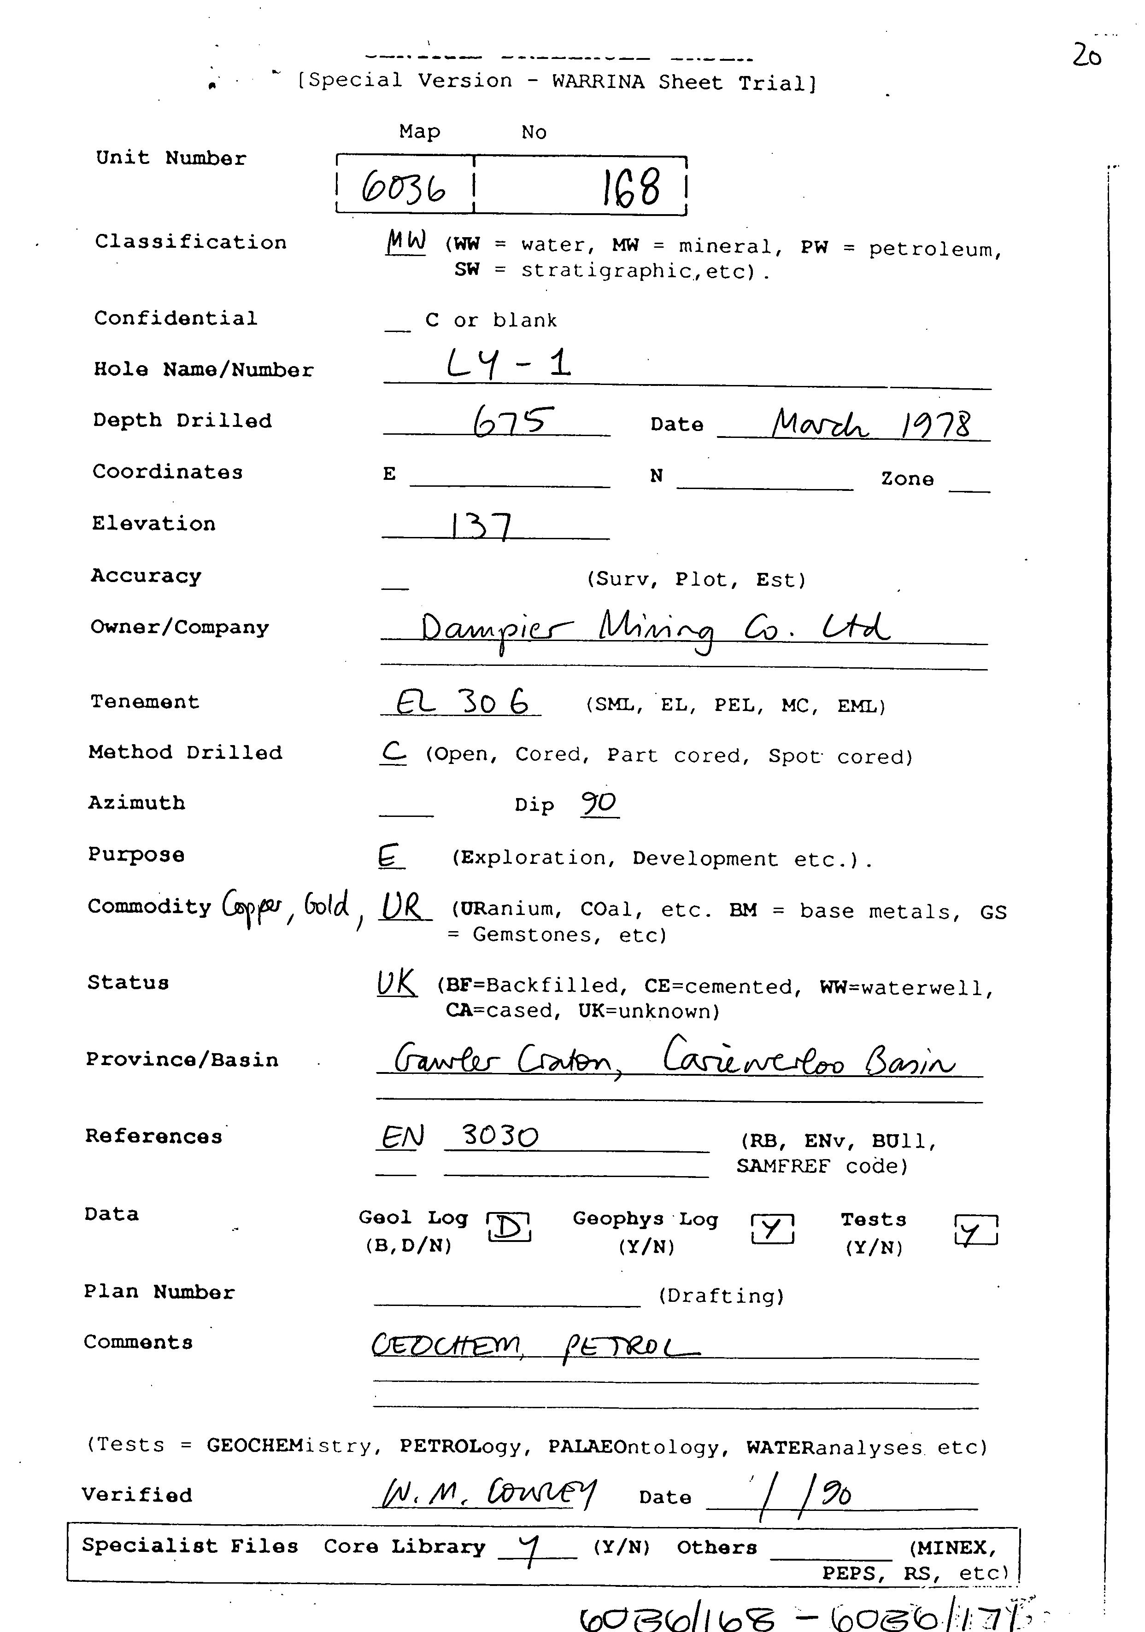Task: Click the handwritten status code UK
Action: (396, 984)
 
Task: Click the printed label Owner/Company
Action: (180, 628)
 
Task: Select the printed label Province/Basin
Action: (182, 1060)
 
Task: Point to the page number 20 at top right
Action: (1086, 55)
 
